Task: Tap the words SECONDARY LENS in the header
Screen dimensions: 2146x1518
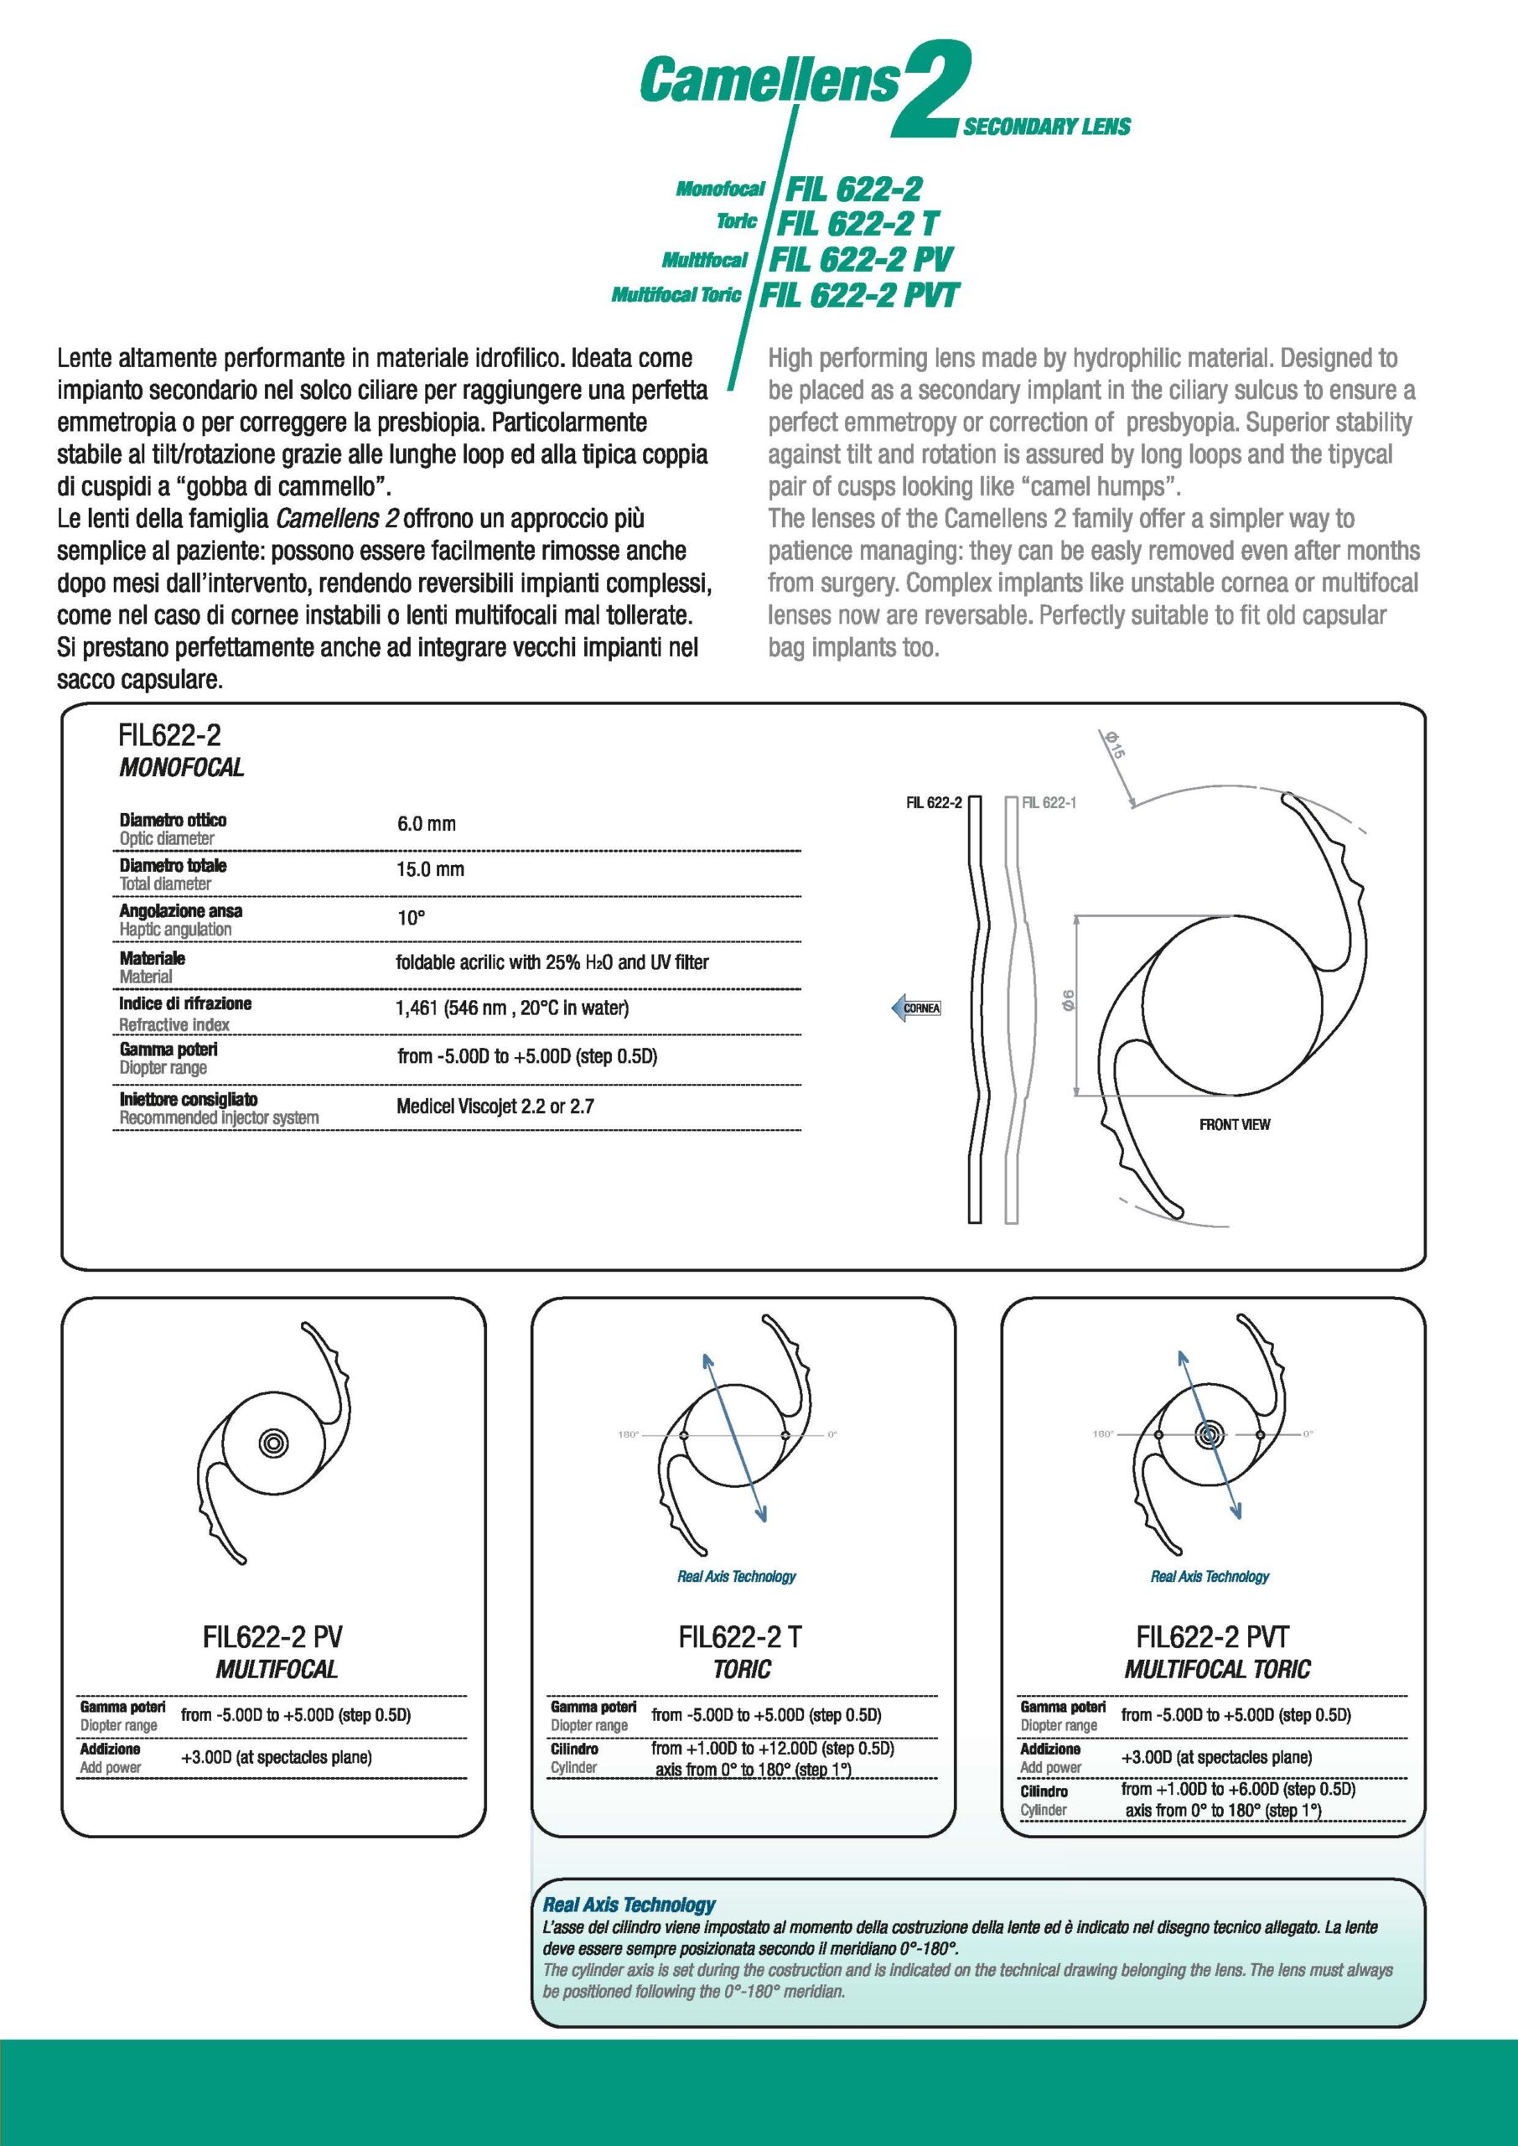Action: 1046,127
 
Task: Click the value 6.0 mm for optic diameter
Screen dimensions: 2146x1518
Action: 427,823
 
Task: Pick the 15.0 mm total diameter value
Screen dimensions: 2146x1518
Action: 430,869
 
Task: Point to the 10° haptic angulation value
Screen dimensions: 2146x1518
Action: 412,918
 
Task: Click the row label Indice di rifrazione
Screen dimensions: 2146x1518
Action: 185,1003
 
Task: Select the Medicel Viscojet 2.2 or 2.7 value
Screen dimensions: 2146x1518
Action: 495,1107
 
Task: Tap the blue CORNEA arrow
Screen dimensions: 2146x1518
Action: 915,1008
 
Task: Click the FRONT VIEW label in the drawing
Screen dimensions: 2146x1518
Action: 1235,1124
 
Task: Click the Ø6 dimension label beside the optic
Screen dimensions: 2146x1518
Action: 1067,1001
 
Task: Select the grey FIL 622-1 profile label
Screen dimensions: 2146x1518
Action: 1049,803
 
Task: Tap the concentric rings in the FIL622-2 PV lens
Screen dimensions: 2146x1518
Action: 273,1442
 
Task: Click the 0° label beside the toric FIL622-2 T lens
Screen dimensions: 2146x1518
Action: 832,1433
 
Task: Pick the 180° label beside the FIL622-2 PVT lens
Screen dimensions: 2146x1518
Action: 1103,1433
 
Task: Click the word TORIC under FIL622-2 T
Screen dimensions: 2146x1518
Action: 742,1669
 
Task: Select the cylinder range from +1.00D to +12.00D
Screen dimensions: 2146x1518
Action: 772,1748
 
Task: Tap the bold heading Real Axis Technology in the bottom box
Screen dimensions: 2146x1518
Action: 629,1905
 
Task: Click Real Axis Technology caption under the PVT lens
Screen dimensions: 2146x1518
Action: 1210,1577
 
